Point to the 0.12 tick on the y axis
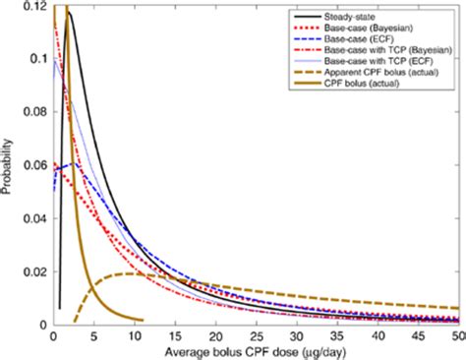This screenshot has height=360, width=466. point(32,7)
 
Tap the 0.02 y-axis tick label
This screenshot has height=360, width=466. point(32,271)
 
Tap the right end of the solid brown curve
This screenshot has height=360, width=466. point(143,320)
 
